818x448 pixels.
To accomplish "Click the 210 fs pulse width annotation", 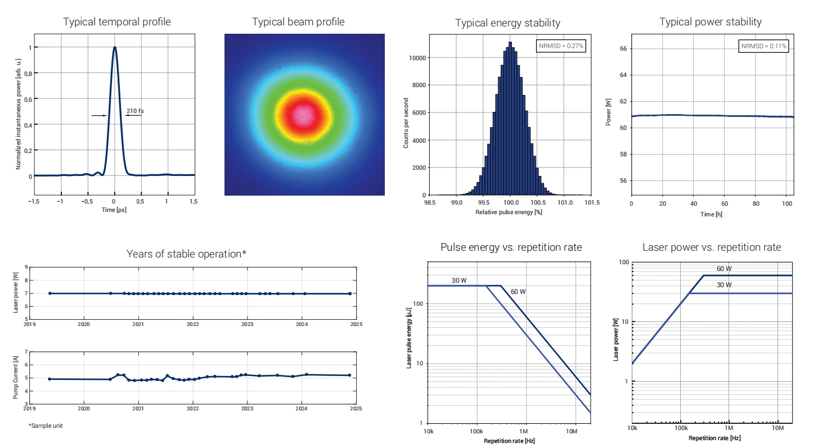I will coord(134,111).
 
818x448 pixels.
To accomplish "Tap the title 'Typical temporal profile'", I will coord(117,22).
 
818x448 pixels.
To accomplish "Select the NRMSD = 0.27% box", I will coord(560,46).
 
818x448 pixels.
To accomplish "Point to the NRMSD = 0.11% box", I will coord(763,46).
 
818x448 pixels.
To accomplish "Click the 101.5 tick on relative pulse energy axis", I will coord(591,202).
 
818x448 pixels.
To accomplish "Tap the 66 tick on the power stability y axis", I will coord(623,49).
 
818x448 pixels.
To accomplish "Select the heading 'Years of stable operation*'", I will coord(186,254).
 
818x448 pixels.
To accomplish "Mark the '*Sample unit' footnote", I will coord(46,426).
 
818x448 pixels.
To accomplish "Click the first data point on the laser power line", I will coord(50,293).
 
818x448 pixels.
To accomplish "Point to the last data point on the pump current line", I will coord(349,375).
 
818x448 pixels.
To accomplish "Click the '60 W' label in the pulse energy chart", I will coord(518,292).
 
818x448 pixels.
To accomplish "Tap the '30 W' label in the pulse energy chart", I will coord(459,280).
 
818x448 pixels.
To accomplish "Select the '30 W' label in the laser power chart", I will coord(724,285).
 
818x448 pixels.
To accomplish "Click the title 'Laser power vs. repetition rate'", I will coord(712,247).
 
